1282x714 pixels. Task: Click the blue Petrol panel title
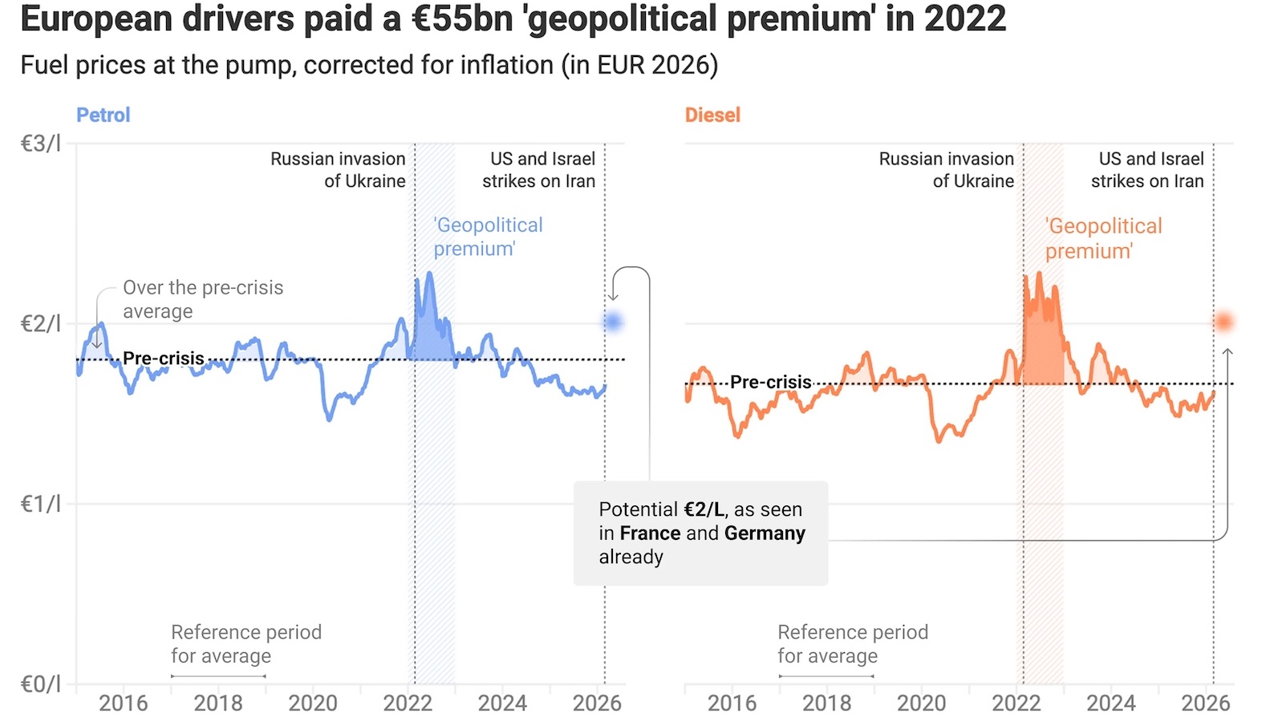103,115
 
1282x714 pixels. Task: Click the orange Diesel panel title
712,115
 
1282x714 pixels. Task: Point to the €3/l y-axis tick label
40,144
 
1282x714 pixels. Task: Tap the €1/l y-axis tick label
40,504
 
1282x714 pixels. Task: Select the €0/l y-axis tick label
40,684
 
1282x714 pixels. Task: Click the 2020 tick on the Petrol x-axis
313,703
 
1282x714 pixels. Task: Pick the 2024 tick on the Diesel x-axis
1110,703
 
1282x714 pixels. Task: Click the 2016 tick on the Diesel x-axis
732,703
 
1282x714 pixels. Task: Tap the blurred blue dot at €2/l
614,322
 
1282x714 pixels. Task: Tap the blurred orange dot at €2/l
1223,322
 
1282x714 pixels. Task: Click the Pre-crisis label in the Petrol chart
164,359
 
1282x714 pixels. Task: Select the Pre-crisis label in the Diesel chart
770,382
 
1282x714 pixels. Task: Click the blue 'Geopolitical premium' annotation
487,237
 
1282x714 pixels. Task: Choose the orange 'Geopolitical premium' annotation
1103,238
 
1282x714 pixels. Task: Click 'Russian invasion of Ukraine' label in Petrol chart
338,170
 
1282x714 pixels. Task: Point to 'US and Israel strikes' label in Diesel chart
1147,170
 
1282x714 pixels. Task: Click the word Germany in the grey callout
764,533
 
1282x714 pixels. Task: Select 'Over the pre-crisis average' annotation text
202,299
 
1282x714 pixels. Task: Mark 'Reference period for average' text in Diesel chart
852,643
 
